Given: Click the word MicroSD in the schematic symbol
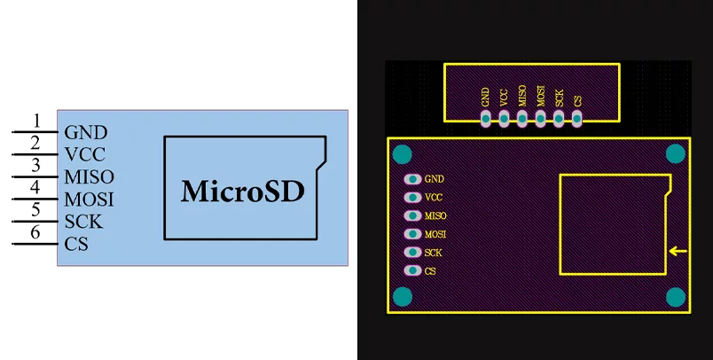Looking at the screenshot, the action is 243,191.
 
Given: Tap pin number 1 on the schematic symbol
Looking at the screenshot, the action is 36,121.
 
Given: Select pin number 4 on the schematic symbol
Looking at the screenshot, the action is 35,187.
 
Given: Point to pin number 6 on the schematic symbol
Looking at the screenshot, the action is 35,232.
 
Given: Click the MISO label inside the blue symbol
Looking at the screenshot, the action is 89,176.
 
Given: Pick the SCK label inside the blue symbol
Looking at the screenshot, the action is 83,222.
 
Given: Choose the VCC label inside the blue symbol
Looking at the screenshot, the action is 85,154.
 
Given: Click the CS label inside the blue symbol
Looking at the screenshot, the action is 76,244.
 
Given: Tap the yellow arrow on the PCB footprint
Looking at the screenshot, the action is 678,251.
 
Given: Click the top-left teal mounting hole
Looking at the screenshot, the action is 403,154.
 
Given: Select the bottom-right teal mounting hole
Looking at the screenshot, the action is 676,297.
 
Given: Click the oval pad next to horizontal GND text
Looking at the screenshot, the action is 413,179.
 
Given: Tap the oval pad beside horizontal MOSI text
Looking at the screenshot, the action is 413,234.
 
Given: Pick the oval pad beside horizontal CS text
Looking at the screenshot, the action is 413,271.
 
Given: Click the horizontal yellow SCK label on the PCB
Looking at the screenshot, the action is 433,253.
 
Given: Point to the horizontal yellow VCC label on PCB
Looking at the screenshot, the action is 434,197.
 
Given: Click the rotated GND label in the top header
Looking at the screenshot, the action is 485,98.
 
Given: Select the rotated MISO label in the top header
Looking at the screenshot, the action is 522,96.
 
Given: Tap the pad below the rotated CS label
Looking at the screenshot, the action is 576,119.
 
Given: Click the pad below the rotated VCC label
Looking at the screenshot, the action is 504,119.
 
